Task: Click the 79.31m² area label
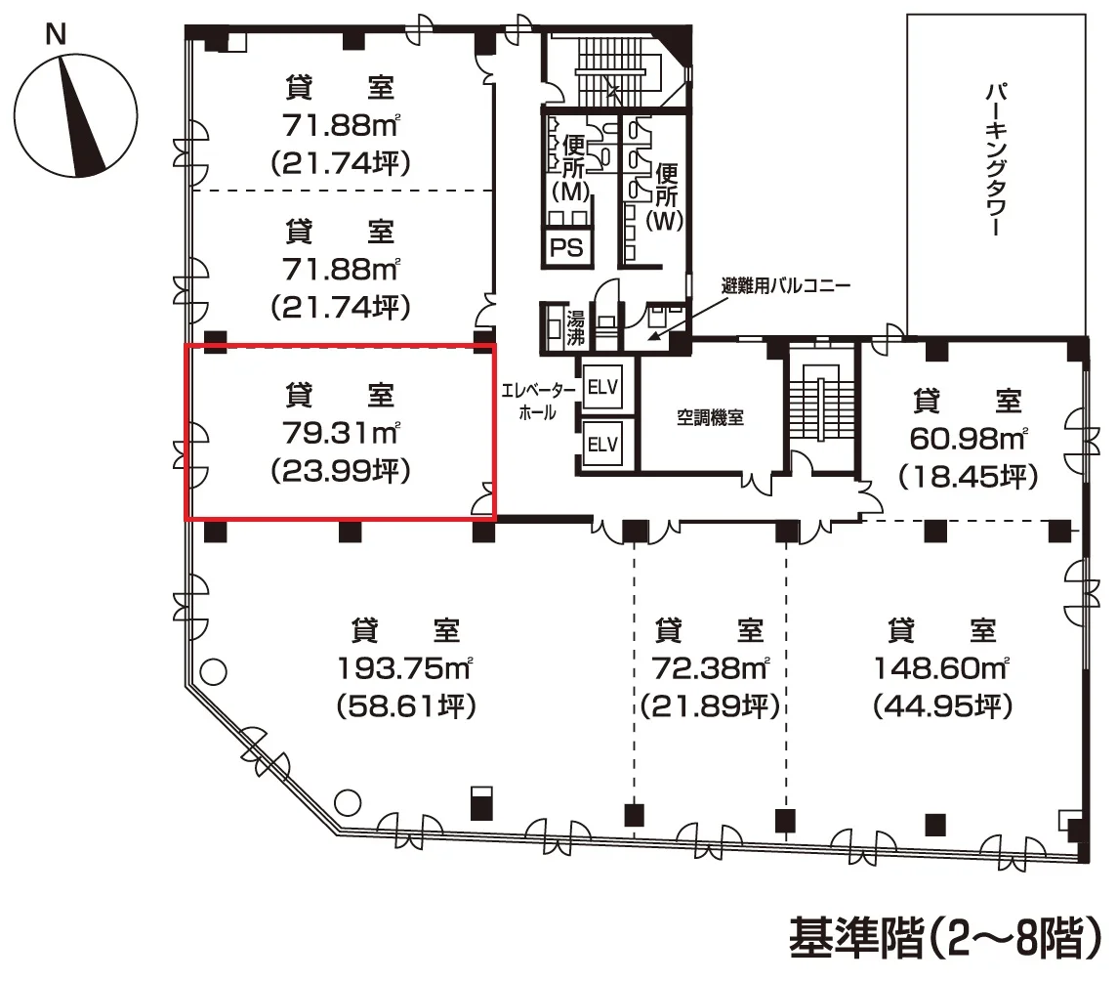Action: tap(341, 432)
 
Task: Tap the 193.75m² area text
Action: tap(404, 668)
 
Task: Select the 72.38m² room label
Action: tap(710, 668)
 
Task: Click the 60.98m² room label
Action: tap(969, 439)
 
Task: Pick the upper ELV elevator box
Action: tap(602, 387)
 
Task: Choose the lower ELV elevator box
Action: tap(602, 445)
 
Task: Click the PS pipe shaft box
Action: tap(567, 247)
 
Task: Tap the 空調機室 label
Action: tap(710, 417)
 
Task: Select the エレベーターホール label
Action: tap(538, 402)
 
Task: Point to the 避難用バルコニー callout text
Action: tap(786, 286)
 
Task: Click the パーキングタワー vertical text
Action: tap(996, 159)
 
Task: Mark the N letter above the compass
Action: tap(56, 34)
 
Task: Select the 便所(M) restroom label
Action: tap(572, 168)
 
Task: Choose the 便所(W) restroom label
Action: tap(665, 196)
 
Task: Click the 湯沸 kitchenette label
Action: tap(576, 327)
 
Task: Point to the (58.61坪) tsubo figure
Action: tap(406, 706)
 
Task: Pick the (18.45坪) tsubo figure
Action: tap(969, 477)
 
